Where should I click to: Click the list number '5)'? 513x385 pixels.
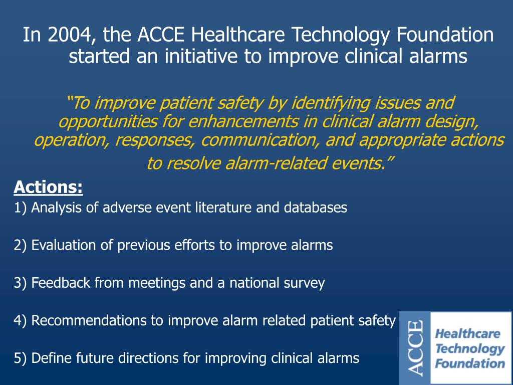(x=21, y=358)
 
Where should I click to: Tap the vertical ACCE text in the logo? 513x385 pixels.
(x=415, y=348)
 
